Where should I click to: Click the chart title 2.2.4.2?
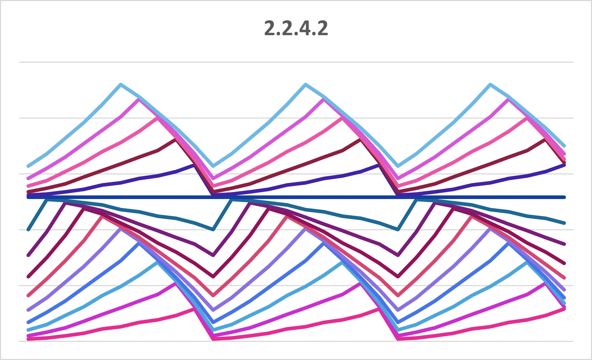[x=296, y=28]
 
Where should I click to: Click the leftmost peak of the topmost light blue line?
[x=121, y=84]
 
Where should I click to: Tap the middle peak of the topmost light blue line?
[x=306, y=84]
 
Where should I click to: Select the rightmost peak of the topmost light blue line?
[x=491, y=84]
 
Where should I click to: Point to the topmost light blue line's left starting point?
[x=28, y=166]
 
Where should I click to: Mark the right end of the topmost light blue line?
[x=564, y=146]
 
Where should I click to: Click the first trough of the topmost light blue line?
[x=213, y=166]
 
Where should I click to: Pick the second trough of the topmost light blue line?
[x=399, y=166]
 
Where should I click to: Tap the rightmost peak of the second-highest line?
[x=509, y=99]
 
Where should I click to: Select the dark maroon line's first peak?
[x=176, y=140]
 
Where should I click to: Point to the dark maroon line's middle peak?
[x=361, y=140]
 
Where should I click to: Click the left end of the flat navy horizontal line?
[x=28, y=197]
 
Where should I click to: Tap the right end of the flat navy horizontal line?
[x=564, y=197]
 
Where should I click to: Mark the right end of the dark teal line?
[x=564, y=223]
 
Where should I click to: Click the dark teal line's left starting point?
[x=28, y=229]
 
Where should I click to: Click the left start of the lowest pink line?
[x=28, y=339]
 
